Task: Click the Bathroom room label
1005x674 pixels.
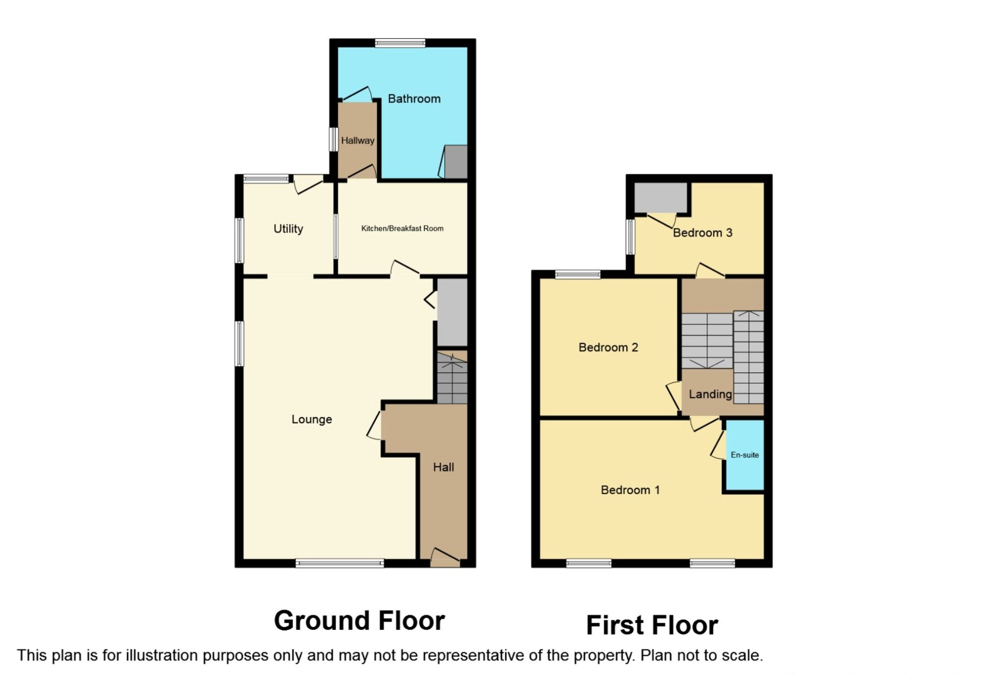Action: (x=414, y=99)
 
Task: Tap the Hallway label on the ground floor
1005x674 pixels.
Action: (x=357, y=141)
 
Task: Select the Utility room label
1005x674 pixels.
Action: (x=288, y=229)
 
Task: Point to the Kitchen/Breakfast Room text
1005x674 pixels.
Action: (x=402, y=228)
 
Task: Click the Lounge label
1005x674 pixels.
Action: (x=312, y=420)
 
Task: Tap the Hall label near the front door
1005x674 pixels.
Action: (x=443, y=468)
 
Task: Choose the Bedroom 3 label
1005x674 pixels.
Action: (x=702, y=233)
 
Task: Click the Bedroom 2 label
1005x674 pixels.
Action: (x=608, y=348)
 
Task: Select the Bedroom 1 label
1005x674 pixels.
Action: (x=630, y=490)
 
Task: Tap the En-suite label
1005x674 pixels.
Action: (x=744, y=455)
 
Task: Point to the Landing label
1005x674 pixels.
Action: (x=710, y=394)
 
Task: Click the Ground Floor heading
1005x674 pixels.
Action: (x=359, y=621)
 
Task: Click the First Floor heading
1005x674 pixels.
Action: (x=652, y=625)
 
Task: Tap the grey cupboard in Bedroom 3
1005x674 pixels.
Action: (x=661, y=198)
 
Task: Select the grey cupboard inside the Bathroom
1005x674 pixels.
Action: (x=456, y=162)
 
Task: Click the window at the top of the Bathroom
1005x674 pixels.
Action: (x=400, y=43)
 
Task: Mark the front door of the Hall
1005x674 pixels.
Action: (x=445, y=559)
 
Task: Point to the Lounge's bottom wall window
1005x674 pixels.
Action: (x=340, y=563)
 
